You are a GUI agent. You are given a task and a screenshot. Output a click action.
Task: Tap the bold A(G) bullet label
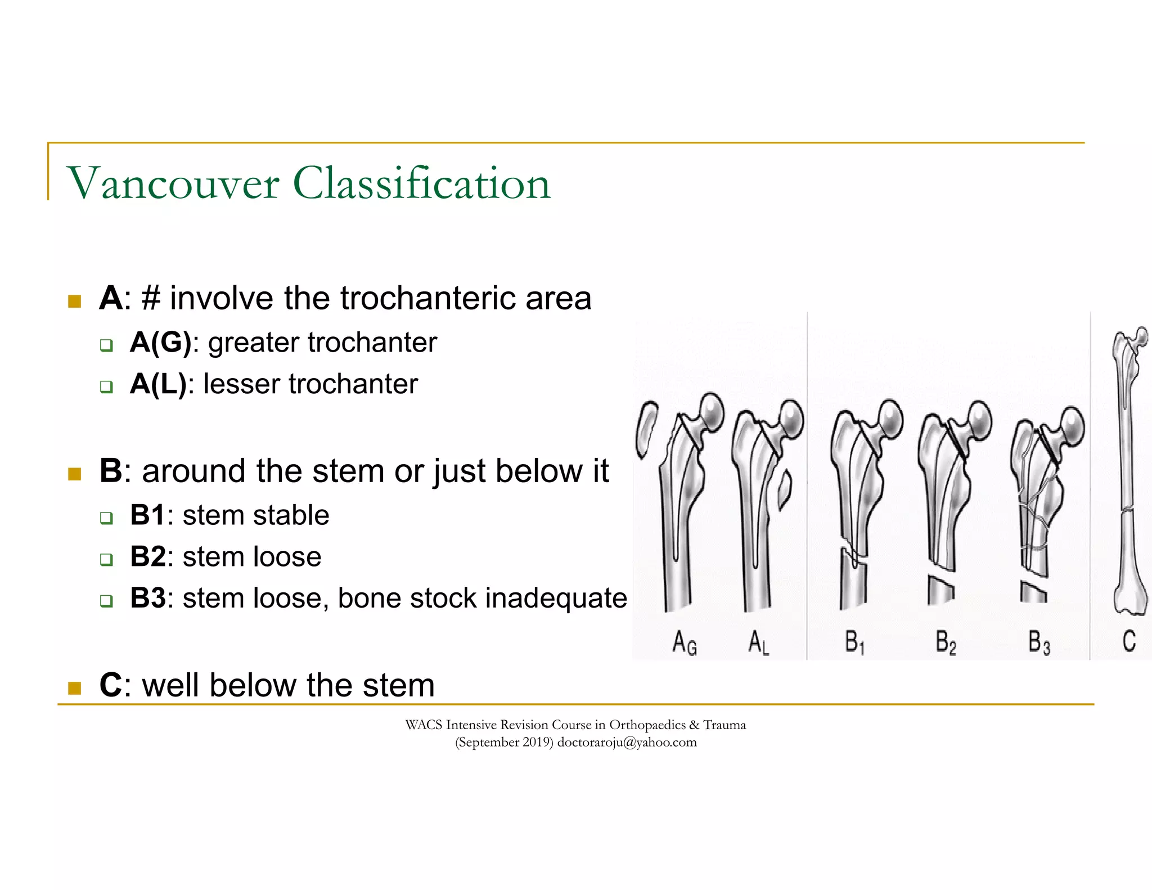[x=160, y=342]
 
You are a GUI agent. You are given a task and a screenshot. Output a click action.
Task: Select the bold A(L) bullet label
[x=158, y=384]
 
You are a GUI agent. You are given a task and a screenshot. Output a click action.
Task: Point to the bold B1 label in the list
[x=147, y=515]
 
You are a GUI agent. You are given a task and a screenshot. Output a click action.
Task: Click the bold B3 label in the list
[x=148, y=597]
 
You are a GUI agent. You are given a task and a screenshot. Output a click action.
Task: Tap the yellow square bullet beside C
[x=74, y=687]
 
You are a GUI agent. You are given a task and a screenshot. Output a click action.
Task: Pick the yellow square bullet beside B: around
[x=74, y=474]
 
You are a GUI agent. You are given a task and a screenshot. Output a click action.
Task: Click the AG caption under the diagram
[x=685, y=642]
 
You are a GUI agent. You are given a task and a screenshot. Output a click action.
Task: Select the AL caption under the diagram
[x=758, y=642]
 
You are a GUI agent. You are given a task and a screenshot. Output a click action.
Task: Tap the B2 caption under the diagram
[x=946, y=642]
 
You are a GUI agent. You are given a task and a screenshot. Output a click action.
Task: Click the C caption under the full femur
[x=1129, y=641]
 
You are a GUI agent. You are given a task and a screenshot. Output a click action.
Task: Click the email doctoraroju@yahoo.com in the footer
[x=627, y=743]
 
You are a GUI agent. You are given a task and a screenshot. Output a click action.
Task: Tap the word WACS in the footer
[x=424, y=725]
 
